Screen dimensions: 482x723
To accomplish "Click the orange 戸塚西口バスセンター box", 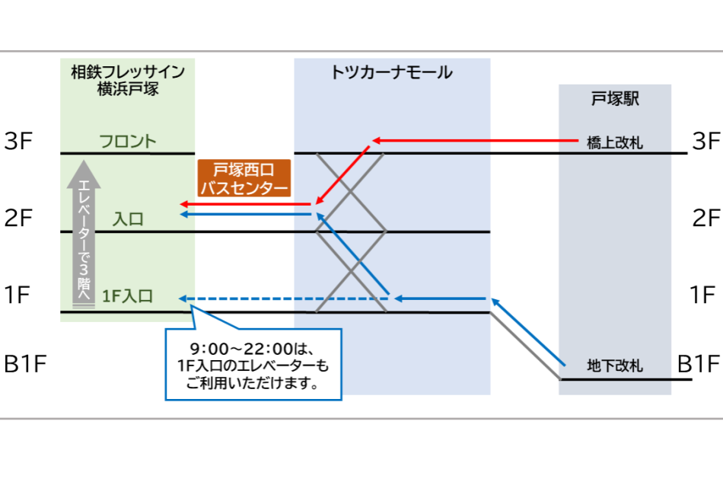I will click(244, 178).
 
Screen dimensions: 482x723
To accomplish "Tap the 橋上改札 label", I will click(616, 142).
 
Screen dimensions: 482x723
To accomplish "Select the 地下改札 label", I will click(616, 366).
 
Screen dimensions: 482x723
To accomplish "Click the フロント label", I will click(128, 142).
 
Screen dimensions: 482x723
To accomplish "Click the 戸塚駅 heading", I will click(615, 99).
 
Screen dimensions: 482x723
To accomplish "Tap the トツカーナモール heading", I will click(392, 73).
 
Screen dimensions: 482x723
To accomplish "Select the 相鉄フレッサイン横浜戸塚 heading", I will click(128, 80).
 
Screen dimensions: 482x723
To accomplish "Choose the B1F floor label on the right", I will click(699, 364).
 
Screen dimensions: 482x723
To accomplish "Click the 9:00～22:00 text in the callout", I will click(253, 349).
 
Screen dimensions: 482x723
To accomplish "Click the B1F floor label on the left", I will click(25, 364).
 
